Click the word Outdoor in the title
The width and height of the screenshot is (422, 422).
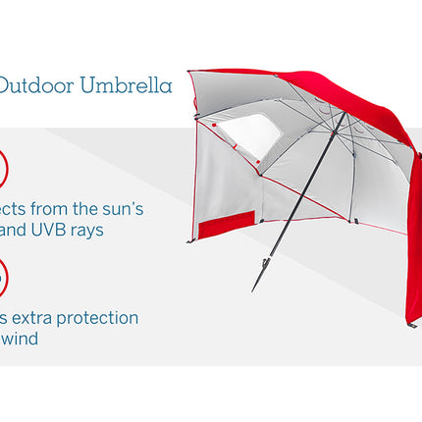[x=30, y=86]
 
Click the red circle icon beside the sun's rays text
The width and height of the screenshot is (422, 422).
[x=3, y=169]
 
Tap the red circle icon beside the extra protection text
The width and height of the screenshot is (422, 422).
[x=3, y=277]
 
